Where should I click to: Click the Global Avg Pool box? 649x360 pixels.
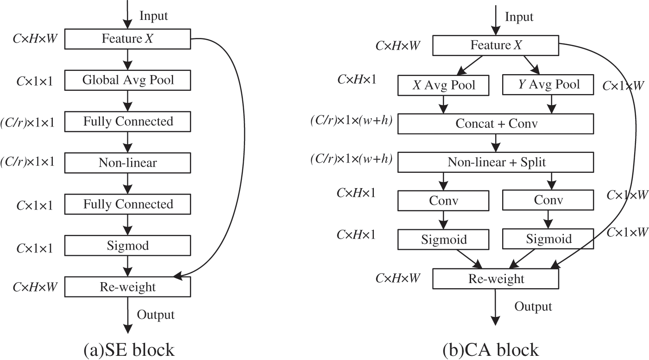(x=128, y=80)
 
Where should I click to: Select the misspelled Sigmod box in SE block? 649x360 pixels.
(x=128, y=245)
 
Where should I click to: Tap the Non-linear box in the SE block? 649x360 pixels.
(x=128, y=163)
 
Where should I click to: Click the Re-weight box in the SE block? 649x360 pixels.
(x=128, y=287)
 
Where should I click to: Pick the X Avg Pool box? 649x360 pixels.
(x=444, y=85)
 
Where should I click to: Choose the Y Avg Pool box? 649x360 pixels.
(x=548, y=85)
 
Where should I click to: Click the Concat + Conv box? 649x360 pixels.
(x=496, y=124)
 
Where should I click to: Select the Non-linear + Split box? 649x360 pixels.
(x=496, y=162)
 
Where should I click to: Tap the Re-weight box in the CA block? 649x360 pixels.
(x=496, y=279)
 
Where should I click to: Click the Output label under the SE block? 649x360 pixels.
(x=156, y=315)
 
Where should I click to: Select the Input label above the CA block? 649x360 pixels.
(x=519, y=17)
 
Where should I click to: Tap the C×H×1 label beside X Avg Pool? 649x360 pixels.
(x=356, y=80)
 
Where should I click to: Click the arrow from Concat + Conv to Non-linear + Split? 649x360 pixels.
(x=496, y=143)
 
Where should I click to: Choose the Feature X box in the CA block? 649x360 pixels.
(x=496, y=46)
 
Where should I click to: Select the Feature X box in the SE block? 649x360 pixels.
(x=128, y=39)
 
